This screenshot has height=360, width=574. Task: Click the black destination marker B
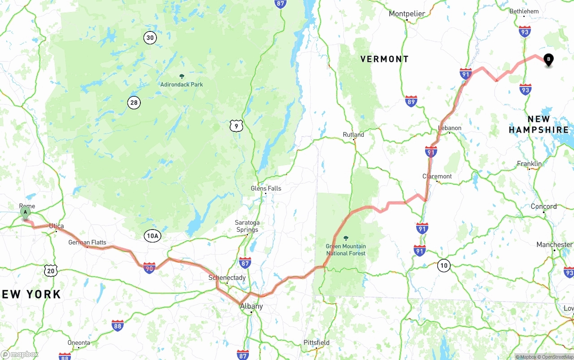click(548, 59)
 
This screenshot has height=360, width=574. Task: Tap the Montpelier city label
click(407, 14)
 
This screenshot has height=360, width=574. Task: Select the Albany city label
click(252, 306)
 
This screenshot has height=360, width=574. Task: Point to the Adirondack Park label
click(182, 84)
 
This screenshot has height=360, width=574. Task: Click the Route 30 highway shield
click(150, 38)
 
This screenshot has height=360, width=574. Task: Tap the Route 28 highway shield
click(134, 103)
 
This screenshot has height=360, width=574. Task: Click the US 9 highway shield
click(236, 126)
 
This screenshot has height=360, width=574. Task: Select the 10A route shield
click(152, 236)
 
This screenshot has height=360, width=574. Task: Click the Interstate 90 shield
click(150, 268)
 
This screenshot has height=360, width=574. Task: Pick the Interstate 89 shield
click(411, 101)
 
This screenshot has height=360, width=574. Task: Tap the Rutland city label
click(353, 134)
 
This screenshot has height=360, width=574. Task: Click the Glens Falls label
click(266, 188)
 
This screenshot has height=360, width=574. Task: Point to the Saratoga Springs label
click(247, 226)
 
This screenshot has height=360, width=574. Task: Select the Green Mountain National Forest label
click(346, 250)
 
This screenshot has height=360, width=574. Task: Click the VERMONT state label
click(385, 59)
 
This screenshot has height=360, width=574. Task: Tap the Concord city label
click(544, 207)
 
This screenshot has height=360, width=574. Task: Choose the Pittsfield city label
click(317, 343)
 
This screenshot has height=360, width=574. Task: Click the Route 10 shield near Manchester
click(444, 265)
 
